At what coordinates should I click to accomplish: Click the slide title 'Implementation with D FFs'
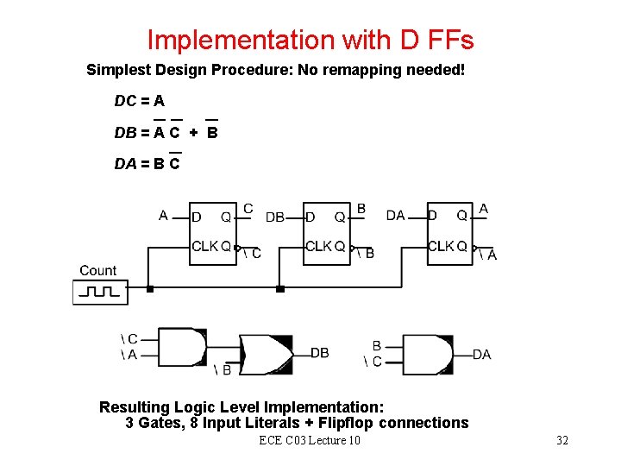tap(310, 40)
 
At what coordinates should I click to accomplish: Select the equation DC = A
tap(140, 101)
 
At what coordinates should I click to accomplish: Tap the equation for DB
tap(166, 133)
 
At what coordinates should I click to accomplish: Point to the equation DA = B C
tap(147, 163)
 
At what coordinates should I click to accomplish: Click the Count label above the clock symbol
tap(97, 271)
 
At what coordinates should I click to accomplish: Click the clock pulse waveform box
tap(100, 293)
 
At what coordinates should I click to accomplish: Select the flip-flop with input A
tap(213, 234)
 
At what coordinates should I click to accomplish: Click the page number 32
tap(562, 441)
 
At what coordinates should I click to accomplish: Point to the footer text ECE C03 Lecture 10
tap(310, 441)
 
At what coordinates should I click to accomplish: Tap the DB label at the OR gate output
tap(319, 353)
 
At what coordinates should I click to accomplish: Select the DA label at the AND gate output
tap(481, 355)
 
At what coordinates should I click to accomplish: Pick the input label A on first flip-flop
tap(164, 216)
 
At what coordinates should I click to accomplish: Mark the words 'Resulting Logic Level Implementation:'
tap(241, 406)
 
